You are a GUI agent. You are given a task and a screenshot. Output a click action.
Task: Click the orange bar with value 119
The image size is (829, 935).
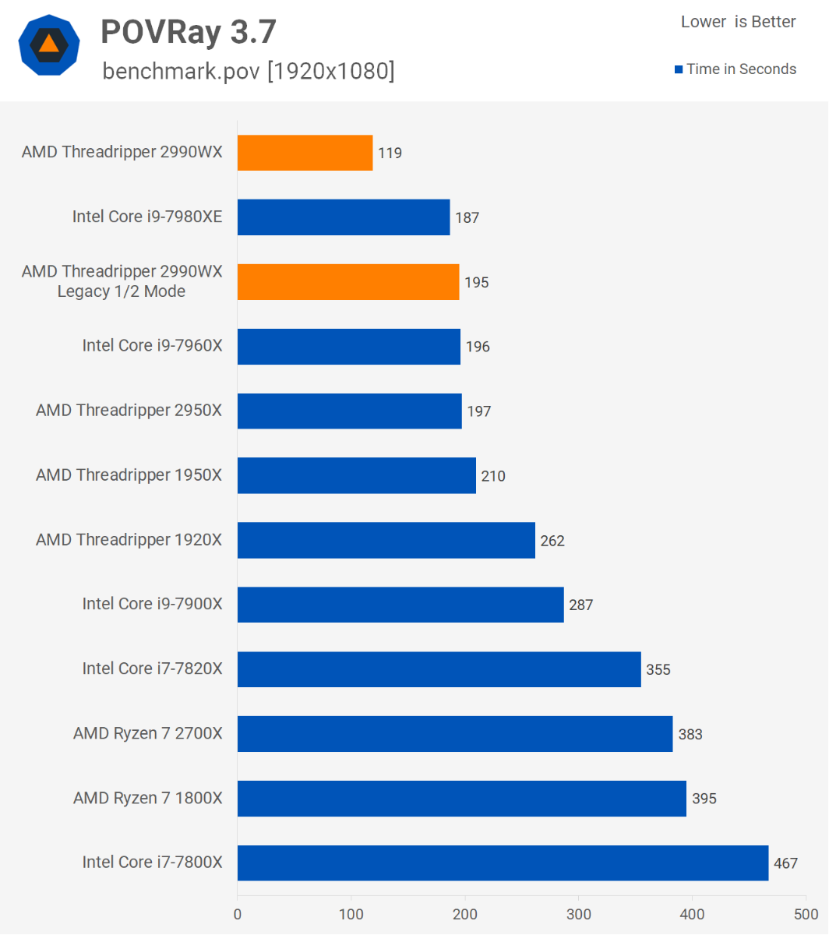click(x=305, y=153)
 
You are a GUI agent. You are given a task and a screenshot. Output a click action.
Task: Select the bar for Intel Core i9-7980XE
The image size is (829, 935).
click(x=344, y=217)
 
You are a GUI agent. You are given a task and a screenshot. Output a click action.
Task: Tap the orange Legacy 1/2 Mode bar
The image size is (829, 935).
click(x=347, y=282)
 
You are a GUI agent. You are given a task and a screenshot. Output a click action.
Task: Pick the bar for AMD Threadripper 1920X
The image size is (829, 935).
click(x=386, y=540)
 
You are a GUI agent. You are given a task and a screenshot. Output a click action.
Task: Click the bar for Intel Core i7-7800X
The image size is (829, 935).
click(x=503, y=863)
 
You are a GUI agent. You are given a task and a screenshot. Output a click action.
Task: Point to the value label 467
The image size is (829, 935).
click(x=786, y=863)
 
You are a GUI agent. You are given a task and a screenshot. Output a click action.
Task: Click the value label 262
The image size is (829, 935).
click(x=552, y=541)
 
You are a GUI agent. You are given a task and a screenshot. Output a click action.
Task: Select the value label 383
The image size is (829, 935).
click(x=690, y=734)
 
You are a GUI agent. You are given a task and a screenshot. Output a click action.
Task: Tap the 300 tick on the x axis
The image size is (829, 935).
click(x=579, y=913)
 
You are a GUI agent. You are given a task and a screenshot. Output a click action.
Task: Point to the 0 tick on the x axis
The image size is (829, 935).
click(x=238, y=913)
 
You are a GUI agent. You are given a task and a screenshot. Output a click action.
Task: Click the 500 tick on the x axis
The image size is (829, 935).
click(x=806, y=913)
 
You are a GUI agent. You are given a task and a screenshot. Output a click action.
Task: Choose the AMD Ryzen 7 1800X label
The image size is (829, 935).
click(x=148, y=798)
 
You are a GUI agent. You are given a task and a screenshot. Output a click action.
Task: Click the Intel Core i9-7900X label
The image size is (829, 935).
click(x=153, y=604)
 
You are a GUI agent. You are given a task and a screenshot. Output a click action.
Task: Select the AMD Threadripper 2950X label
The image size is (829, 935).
click(x=129, y=411)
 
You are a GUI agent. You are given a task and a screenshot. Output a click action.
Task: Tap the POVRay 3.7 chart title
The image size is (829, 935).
click(x=189, y=32)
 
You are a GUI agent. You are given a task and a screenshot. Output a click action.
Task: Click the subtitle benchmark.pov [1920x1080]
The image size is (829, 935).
click(x=249, y=71)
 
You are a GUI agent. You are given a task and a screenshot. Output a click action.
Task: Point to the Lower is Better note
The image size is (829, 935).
click(x=738, y=22)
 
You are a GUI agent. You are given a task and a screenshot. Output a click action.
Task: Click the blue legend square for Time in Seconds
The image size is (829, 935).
click(x=679, y=69)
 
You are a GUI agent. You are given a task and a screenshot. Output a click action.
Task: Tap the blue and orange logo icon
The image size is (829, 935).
click(x=49, y=44)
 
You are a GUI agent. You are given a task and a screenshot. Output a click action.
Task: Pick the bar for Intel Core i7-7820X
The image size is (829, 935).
click(x=439, y=669)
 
